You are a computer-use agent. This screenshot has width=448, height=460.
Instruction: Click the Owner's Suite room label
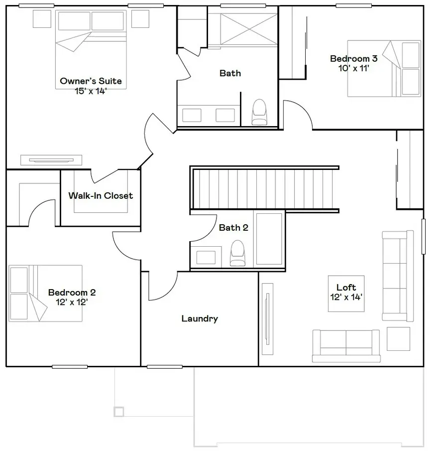[91, 81]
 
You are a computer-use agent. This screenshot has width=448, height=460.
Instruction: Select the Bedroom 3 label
[353, 59]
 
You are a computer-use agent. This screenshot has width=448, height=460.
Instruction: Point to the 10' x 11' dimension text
[353, 68]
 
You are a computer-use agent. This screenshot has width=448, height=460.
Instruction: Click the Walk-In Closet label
[101, 196]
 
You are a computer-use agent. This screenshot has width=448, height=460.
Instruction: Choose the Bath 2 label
[233, 228]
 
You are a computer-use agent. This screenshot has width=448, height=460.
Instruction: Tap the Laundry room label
[199, 318]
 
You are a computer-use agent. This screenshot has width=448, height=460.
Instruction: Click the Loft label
[346, 288]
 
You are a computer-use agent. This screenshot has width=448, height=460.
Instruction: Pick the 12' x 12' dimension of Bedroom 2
[72, 302]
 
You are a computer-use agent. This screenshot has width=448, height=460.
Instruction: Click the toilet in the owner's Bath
[259, 112]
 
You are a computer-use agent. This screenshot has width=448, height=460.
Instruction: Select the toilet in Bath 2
[237, 253]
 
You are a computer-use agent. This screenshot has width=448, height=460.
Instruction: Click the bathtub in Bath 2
[269, 239]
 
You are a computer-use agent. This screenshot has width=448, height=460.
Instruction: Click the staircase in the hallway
[264, 189]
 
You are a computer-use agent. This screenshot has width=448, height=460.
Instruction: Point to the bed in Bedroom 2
[45, 293]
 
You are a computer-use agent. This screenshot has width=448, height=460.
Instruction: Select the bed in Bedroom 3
[384, 68]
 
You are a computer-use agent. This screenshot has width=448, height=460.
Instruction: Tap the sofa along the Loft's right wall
[397, 276]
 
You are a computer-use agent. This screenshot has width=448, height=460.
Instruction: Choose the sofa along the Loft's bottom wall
[346, 345]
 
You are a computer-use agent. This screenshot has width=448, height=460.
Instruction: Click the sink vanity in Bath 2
[206, 257]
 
